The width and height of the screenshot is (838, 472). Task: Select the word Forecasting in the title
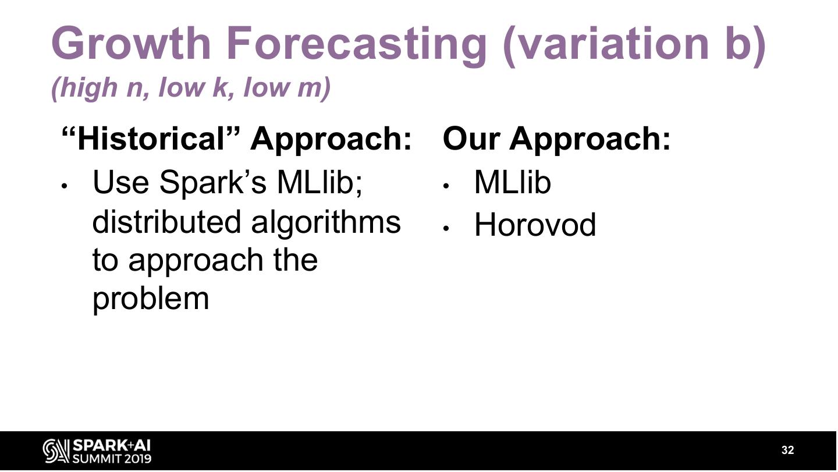click(356, 46)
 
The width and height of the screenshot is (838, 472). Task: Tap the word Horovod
click(535, 225)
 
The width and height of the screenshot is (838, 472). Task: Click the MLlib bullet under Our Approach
click(513, 182)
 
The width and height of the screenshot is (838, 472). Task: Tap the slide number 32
click(787, 450)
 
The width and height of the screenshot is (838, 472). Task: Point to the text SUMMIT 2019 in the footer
click(112, 459)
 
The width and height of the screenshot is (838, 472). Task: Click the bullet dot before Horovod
click(445, 228)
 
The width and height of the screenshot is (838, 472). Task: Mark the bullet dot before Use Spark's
click(64, 186)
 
